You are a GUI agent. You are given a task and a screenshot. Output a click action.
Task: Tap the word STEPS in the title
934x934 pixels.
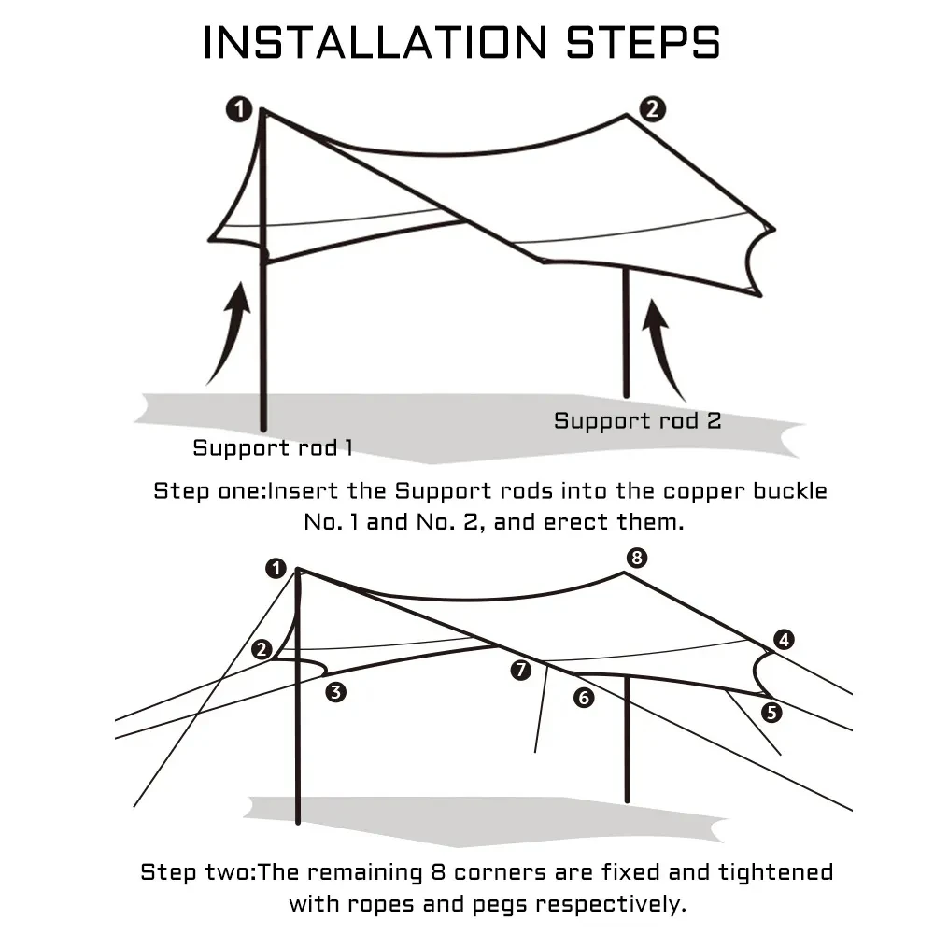tap(640, 43)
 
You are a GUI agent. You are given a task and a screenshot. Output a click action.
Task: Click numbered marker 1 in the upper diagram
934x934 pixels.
tap(239, 110)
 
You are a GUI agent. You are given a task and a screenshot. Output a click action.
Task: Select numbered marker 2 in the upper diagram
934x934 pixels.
tap(652, 108)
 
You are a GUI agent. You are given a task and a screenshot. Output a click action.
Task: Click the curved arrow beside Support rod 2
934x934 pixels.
tap(664, 346)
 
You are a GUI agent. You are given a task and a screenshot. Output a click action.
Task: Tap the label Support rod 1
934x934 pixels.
tap(273, 447)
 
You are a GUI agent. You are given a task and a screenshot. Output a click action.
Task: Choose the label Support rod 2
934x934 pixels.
tap(638, 420)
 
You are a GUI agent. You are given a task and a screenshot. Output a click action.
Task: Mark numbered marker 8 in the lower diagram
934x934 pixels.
tap(636, 559)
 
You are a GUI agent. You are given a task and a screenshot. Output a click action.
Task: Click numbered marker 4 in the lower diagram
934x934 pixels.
tap(784, 640)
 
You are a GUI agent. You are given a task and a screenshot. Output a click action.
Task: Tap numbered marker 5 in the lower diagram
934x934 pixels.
tap(771, 712)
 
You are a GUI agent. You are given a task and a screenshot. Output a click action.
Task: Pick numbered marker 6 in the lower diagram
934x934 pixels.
tap(585, 697)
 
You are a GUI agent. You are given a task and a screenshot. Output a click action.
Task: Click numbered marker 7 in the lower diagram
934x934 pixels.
tap(521, 670)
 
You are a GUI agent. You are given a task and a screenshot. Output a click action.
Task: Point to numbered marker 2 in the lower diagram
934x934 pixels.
tap(262, 649)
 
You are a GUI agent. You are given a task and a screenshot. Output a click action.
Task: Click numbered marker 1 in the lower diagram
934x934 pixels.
tap(275, 567)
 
